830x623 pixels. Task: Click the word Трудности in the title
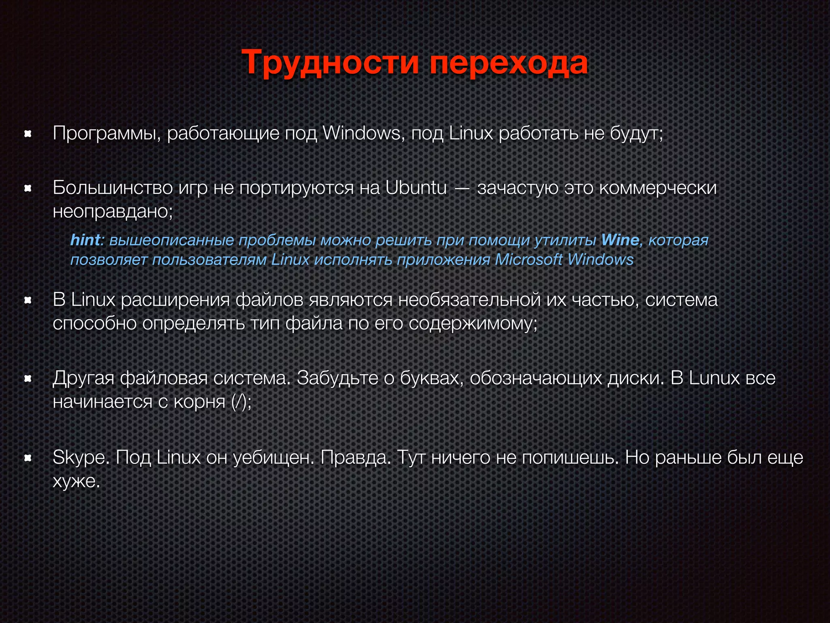pyautogui.click(x=330, y=63)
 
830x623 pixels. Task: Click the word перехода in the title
pyautogui.click(x=508, y=63)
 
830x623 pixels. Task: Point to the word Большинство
pyautogui.click(x=113, y=187)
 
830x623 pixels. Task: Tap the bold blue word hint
pyautogui.click(x=85, y=240)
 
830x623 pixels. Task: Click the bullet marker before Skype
pyautogui.click(x=28, y=458)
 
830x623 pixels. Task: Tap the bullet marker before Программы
pyautogui.click(x=28, y=133)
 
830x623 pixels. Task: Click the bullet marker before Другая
pyautogui.click(x=28, y=378)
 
